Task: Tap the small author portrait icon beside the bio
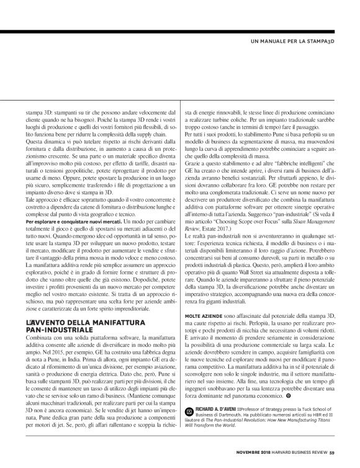[189, 412]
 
